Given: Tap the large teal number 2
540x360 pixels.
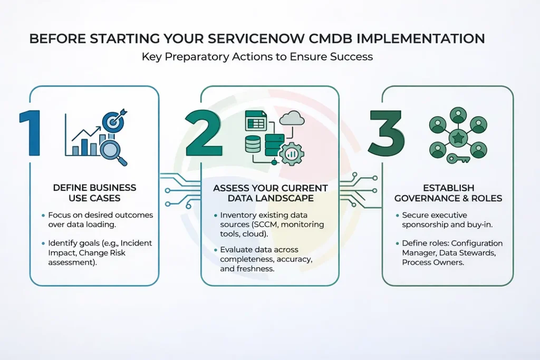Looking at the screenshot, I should click(203, 133).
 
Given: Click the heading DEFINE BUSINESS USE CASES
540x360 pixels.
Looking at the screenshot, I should click(94, 193).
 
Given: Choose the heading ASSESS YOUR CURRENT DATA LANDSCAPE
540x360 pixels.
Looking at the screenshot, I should click(270, 193).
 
